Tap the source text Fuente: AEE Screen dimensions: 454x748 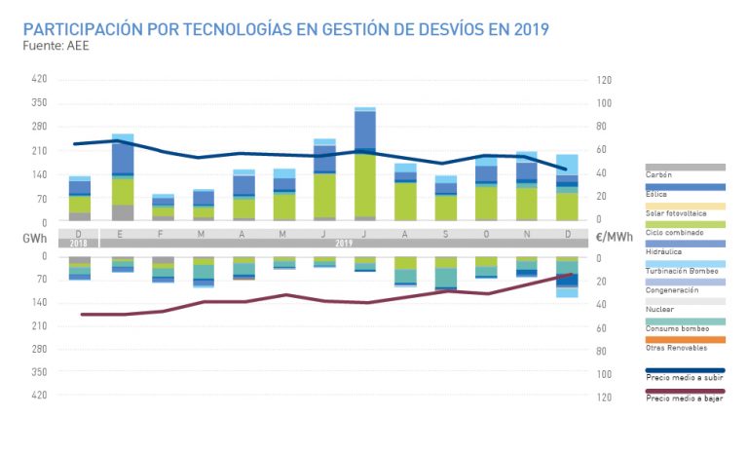[x=56, y=45]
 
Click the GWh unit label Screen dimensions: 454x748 [x=35, y=237]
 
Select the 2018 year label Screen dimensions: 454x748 [x=80, y=242]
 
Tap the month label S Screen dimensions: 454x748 [x=445, y=234]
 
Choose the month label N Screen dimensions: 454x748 [x=526, y=234]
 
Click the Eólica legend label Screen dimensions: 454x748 [x=657, y=194]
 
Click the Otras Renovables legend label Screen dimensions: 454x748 [x=676, y=347]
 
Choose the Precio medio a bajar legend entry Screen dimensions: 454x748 [x=684, y=399]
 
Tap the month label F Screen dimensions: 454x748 [x=163, y=234]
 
